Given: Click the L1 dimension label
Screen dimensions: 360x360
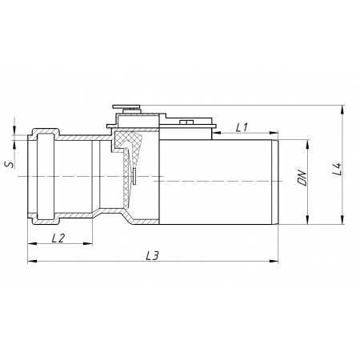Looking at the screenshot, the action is pyautogui.click(x=242, y=127).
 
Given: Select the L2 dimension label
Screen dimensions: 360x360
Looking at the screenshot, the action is pyautogui.click(x=58, y=238).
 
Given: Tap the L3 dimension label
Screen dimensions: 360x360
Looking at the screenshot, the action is pyautogui.click(x=153, y=256).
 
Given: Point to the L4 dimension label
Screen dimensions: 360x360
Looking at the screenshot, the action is pyautogui.click(x=338, y=169).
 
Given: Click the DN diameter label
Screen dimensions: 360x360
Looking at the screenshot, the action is pyautogui.click(x=302, y=178).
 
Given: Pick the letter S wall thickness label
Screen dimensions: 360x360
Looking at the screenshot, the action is pyautogui.click(x=10, y=164).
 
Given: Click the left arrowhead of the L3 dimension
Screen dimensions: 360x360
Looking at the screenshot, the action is pyautogui.click(x=32, y=261).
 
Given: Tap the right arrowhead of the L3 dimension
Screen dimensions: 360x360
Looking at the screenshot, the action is pyautogui.click(x=274, y=261).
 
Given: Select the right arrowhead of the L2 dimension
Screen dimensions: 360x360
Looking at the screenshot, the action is pyautogui.click(x=88, y=243).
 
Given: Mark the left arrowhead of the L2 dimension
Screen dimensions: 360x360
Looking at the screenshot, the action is pyautogui.click(x=32, y=243).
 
